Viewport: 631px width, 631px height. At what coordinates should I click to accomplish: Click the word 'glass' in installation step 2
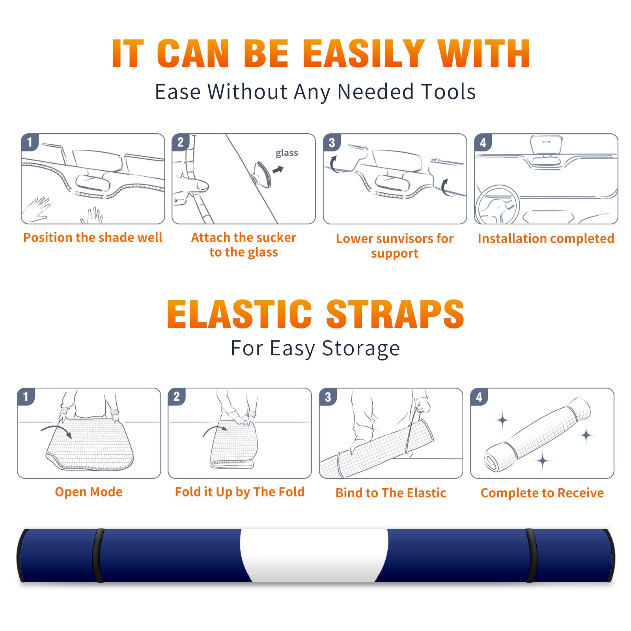point(287,153)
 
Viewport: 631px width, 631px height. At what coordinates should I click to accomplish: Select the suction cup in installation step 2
point(262,174)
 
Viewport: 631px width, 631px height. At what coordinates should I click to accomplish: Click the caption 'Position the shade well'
point(93,237)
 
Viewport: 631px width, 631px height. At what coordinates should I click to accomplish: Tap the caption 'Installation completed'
point(546,239)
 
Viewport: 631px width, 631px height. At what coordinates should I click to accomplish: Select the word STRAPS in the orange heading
point(395,314)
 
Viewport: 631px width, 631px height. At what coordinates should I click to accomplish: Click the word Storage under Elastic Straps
point(361,349)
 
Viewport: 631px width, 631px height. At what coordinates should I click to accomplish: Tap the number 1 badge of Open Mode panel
point(26,396)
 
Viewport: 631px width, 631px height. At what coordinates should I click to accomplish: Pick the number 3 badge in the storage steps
point(328,397)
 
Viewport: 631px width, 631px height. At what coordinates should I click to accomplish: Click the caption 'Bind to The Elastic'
point(390,493)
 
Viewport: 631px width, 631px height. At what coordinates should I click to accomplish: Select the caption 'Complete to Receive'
point(542,493)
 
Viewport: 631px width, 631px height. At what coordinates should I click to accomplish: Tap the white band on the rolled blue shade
point(314,555)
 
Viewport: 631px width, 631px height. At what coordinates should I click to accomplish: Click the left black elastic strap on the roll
point(98,555)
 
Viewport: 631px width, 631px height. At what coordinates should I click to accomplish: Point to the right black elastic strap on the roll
point(531,555)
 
